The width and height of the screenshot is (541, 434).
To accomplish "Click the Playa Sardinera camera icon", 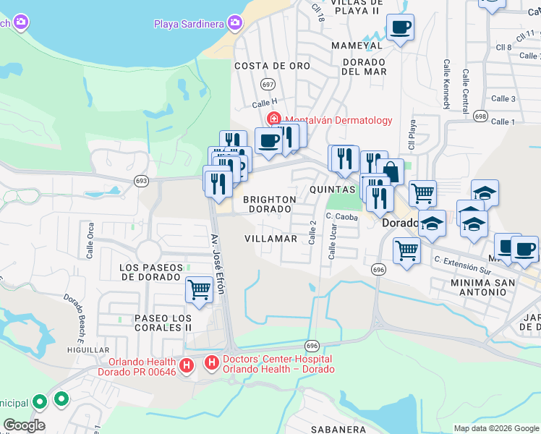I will pos(234,24).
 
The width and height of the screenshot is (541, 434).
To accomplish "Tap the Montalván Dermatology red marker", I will pos(274,119).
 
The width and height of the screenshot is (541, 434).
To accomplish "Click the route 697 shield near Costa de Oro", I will pos(268,85).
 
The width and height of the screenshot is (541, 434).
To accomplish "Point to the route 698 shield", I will pos(480,115).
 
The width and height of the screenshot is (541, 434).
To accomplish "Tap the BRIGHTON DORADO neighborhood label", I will pos(269,204).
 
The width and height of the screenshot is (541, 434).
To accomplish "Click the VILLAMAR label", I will pos(270,239).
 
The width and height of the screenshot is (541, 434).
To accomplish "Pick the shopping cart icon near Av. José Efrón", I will pos(199,289).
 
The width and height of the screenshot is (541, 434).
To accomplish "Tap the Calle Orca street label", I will pos(90,240).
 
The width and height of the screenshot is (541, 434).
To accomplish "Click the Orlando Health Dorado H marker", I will pos(187,366).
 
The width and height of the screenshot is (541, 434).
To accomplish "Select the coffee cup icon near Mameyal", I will pos(400,28).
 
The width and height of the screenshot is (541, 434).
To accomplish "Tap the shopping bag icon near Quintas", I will pos(390,172).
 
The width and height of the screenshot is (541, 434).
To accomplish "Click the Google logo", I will pos(23,425).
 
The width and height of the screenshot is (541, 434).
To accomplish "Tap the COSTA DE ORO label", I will pos(272,66).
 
